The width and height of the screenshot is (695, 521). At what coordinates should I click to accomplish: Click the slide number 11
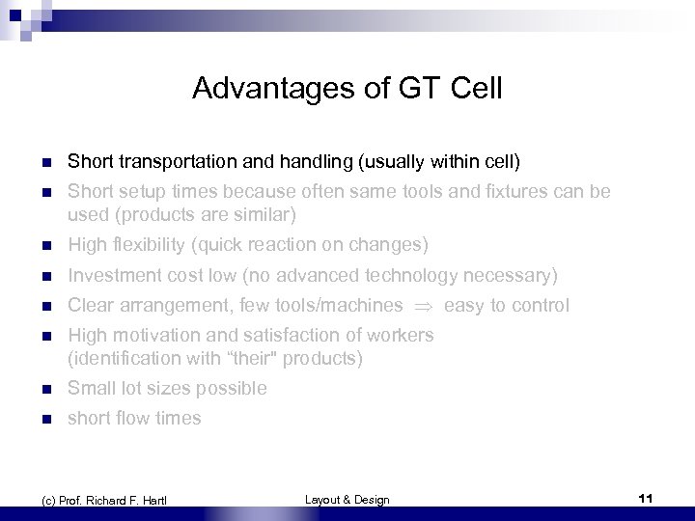point(646,498)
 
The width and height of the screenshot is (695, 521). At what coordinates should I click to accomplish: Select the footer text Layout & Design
point(347,499)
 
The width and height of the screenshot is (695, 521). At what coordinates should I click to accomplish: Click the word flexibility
point(145,245)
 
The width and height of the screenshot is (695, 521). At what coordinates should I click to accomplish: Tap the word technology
point(403,276)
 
